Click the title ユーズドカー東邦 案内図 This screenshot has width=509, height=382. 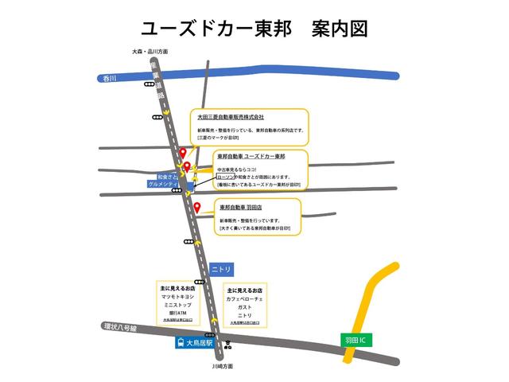pos(254,29)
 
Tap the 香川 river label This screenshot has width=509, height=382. pos(110,78)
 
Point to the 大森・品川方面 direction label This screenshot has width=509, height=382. pos(150,52)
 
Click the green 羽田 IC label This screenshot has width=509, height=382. pos(355,341)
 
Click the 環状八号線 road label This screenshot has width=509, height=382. pos(120,327)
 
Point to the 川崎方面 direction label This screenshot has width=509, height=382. pos(223,368)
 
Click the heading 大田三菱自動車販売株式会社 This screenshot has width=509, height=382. pos(231,117)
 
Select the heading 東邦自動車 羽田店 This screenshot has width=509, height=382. pos(247,207)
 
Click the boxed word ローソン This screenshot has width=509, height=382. pos(227,177)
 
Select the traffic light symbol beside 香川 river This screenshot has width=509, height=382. pos(149,84)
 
